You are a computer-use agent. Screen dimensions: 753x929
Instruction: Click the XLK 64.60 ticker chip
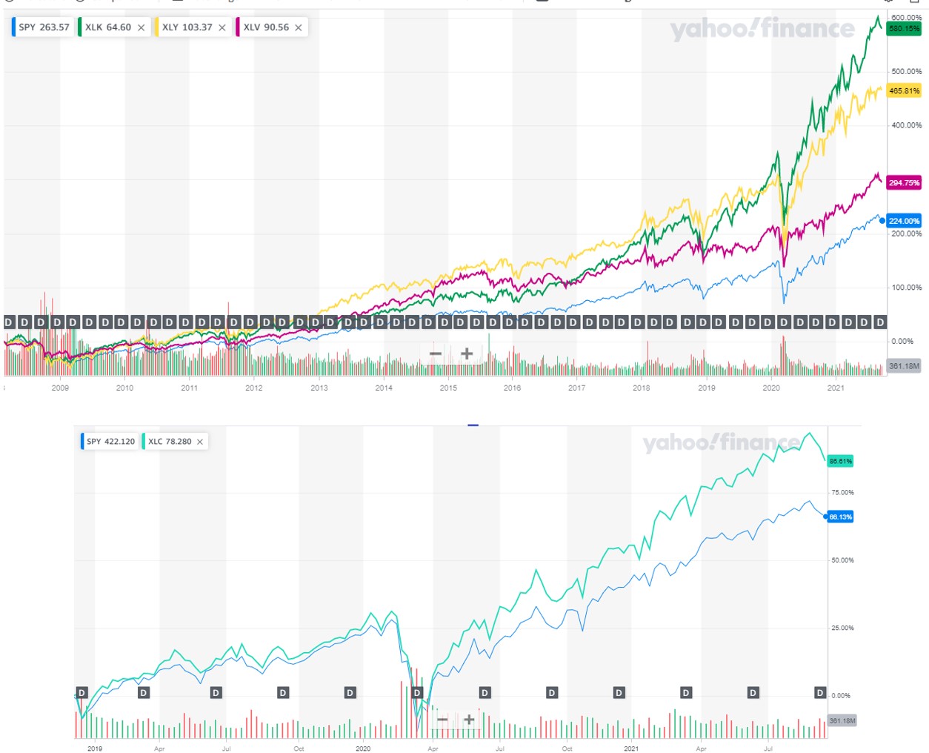point(108,27)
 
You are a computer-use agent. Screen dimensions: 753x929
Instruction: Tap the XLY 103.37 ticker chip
point(187,27)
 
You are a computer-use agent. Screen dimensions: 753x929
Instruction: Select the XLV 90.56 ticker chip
point(266,27)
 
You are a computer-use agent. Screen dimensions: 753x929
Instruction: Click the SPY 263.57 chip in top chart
point(44,27)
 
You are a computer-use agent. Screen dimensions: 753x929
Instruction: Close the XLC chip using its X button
point(200,442)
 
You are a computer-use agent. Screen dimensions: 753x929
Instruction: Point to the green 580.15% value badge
point(904,29)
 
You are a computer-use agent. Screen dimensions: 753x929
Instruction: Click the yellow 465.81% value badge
point(904,91)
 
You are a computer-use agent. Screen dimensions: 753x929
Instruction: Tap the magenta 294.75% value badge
point(904,182)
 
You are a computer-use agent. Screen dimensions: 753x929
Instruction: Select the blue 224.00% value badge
point(904,221)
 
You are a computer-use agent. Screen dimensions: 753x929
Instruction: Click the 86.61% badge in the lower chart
point(840,461)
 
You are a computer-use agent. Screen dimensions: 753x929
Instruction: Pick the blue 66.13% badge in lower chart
point(840,517)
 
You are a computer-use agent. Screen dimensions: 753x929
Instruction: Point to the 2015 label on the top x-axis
point(448,388)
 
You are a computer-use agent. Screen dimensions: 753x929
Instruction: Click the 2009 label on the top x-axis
point(60,388)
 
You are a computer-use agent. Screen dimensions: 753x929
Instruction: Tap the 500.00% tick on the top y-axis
point(906,72)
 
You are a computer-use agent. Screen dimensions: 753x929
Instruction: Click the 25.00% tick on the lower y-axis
point(842,628)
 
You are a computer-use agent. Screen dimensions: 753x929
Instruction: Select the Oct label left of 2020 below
point(299,749)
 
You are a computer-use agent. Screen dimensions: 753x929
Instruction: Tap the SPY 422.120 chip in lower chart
point(110,442)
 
